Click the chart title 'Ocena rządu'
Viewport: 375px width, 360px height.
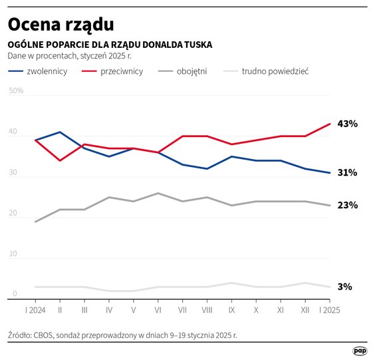[61, 24]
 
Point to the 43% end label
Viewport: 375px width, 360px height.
[348, 124]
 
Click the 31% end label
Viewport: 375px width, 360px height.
[348, 172]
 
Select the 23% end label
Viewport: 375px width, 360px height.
[348, 205]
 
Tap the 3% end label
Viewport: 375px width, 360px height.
[345, 287]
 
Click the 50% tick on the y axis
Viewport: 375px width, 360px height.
[16, 91]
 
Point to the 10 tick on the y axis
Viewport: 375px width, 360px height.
[13, 254]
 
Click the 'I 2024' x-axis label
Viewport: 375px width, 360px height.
[35, 310]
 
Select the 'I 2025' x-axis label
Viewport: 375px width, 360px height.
[330, 310]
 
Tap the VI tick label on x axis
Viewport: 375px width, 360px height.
[158, 310]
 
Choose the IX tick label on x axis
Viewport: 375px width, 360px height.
[231, 310]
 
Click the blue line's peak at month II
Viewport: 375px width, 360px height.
[60, 132]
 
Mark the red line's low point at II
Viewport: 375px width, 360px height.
[60, 160]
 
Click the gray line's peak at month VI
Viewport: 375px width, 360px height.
[158, 193]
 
